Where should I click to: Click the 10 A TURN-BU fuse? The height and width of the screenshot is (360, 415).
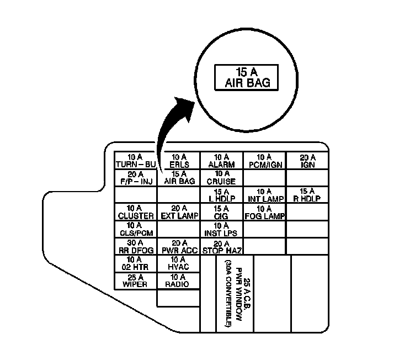coord(136,161)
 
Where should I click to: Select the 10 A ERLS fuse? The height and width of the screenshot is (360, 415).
coord(178,161)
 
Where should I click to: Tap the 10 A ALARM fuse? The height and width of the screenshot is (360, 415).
coord(221,161)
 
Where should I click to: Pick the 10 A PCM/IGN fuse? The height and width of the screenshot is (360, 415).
coord(264,161)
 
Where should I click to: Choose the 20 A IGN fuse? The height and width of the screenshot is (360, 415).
coord(307,161)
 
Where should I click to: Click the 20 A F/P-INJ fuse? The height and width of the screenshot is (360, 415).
coord(136,178)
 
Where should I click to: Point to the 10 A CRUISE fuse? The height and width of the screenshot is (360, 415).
coord(221,178)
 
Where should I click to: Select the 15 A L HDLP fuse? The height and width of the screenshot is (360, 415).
coord(221,195)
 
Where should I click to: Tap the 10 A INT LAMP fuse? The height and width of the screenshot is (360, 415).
coord(264,195)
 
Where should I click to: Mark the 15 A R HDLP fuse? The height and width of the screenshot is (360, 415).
coord(307,195)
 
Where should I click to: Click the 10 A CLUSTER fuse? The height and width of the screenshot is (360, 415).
coord(136,213)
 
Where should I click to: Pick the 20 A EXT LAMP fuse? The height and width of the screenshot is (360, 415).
coord(178,213)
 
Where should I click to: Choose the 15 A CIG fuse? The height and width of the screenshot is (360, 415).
coord(221,213)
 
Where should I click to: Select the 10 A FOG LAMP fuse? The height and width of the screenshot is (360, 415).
coord(264,213)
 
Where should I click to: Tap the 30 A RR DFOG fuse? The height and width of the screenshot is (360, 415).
coord(136,247)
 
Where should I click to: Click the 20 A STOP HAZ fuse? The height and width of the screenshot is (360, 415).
coord(221,247)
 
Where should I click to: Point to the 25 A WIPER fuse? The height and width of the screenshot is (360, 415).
coord(136,281)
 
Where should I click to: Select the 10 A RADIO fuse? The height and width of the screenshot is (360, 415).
coord(178,281)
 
